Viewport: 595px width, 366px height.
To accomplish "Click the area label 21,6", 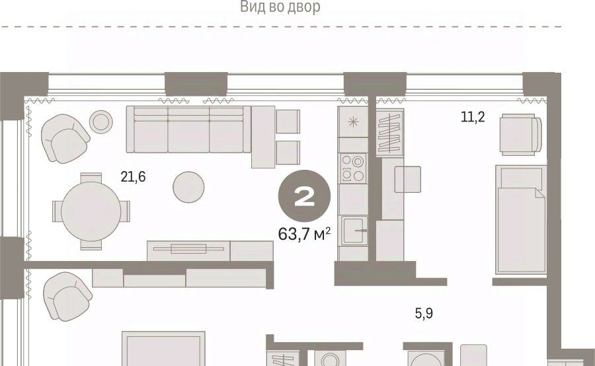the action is (133, 177).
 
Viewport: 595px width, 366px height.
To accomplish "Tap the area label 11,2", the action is (473, 117).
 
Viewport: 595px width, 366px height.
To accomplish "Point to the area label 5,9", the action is (424, 314).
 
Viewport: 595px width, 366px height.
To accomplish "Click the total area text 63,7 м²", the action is (304, 234).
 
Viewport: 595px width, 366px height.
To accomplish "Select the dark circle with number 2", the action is (305, 196).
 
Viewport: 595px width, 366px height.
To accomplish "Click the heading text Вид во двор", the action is (280, 7).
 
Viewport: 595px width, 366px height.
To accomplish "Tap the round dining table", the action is (91, 211).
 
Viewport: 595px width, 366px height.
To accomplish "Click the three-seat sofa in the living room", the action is (188, 129).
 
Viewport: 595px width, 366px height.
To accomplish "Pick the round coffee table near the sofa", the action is (188, 187).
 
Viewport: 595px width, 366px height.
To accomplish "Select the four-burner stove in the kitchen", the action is (353, 168).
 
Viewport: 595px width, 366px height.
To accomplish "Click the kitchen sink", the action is (354, 230).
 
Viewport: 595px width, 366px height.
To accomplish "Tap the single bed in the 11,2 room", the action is (521, 219).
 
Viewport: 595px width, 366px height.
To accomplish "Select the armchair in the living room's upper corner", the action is (65, 138).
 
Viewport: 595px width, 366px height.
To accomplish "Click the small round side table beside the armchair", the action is (101, 122).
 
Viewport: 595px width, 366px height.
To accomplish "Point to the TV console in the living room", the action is (210, 250).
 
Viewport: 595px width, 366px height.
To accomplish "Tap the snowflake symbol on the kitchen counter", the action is (353, 122).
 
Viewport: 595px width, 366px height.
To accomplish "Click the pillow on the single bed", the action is (521, 178).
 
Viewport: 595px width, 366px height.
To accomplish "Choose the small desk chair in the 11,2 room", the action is (407, 180).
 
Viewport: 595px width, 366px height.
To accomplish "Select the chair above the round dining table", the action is (91, 178).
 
